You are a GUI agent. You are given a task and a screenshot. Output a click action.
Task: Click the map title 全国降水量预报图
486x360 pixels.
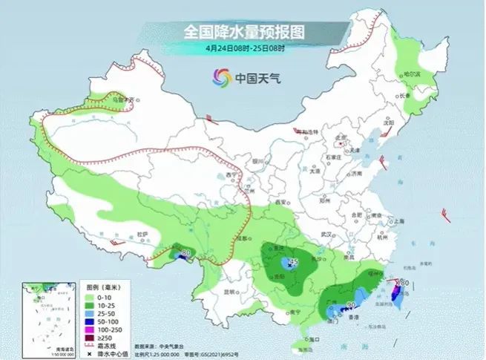[x=244, y=32]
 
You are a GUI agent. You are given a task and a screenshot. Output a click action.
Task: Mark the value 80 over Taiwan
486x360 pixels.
[x=405, y=283]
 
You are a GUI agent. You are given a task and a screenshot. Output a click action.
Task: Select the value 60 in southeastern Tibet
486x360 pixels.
[x=185, y=254]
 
